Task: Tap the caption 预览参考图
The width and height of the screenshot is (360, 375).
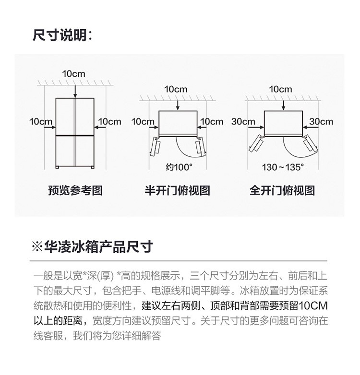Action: pyautogui.click(x=75, y=190)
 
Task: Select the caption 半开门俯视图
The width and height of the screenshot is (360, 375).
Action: pyautogui.click(x=178, y=190)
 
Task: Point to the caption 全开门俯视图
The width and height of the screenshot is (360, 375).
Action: pyautogui.click(x=282, y=190)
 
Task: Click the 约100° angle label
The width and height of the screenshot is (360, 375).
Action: pyautogui.click(x=179, y=167)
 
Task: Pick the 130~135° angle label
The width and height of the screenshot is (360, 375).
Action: pyautogui.click(x=283, y=167)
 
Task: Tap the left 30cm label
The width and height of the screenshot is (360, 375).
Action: pyautogui.click(x=243, y=121)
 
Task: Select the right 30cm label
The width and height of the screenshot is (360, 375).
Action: pyautogui.click(x=321, y=121)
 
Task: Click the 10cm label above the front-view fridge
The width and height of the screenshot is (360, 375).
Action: pyautogui.click(x=74, y=74)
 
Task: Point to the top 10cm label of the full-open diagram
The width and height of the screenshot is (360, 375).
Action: pyautogui.click(x=280, y=89)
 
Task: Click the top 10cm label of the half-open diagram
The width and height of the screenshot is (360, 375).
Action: pyautogui.click(x=176, y=89)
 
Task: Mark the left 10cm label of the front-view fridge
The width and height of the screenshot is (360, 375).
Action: pyautogui.click(x=41, y=121)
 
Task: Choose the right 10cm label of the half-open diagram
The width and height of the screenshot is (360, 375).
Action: pyautogui.click(x=212, y=121)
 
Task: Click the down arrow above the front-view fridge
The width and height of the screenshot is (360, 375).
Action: pyautogui.click(x=75, y=92)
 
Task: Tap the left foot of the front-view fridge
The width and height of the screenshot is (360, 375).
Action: pyautogui.click(x=57, y=167)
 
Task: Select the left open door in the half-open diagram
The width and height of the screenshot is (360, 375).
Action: pyautogui.click(x=155, y=146)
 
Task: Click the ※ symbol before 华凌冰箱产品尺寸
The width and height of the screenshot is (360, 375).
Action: pyautogui.click(x=37, y=246)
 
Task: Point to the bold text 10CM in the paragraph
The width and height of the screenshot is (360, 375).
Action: pyautogui.click(x=313, y=305)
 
